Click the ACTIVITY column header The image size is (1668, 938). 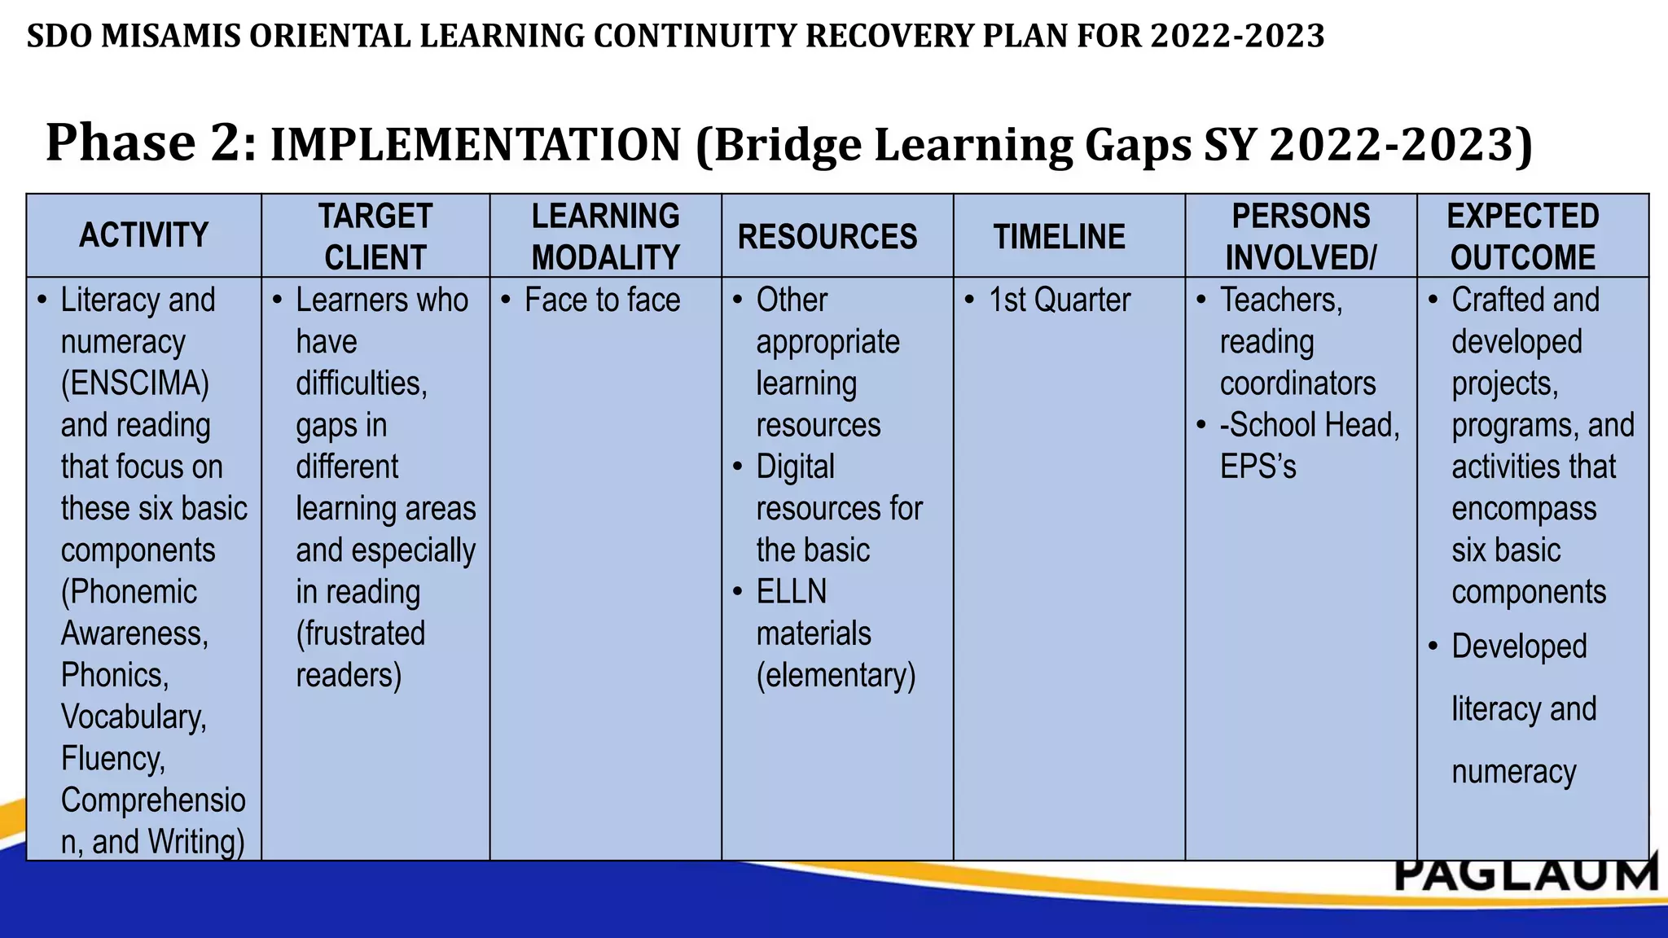click(143, 235)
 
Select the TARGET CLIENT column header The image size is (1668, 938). click(375, 236)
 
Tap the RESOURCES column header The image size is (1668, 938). click(827, 237)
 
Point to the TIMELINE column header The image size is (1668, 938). click(1059, 237)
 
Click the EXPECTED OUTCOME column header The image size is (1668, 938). click(1522, 236)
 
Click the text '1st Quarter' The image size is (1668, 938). click(1059, 300)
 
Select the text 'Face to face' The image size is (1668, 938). click(602, 300)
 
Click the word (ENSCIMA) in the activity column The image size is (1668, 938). click(135, 384)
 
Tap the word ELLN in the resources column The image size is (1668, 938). click(791, 592)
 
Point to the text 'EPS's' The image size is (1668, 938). click(1258, 467)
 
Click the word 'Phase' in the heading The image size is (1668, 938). click(121, 142)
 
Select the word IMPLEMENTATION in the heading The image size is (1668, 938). click(475, 145)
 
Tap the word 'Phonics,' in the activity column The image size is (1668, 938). click(115, 675)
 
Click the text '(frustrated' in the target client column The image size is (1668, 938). click(360, 633)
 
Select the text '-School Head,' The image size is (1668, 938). click(1309, 425)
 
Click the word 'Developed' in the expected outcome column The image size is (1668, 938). click(1519, 647)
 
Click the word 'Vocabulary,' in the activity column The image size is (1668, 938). click(134, 717)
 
